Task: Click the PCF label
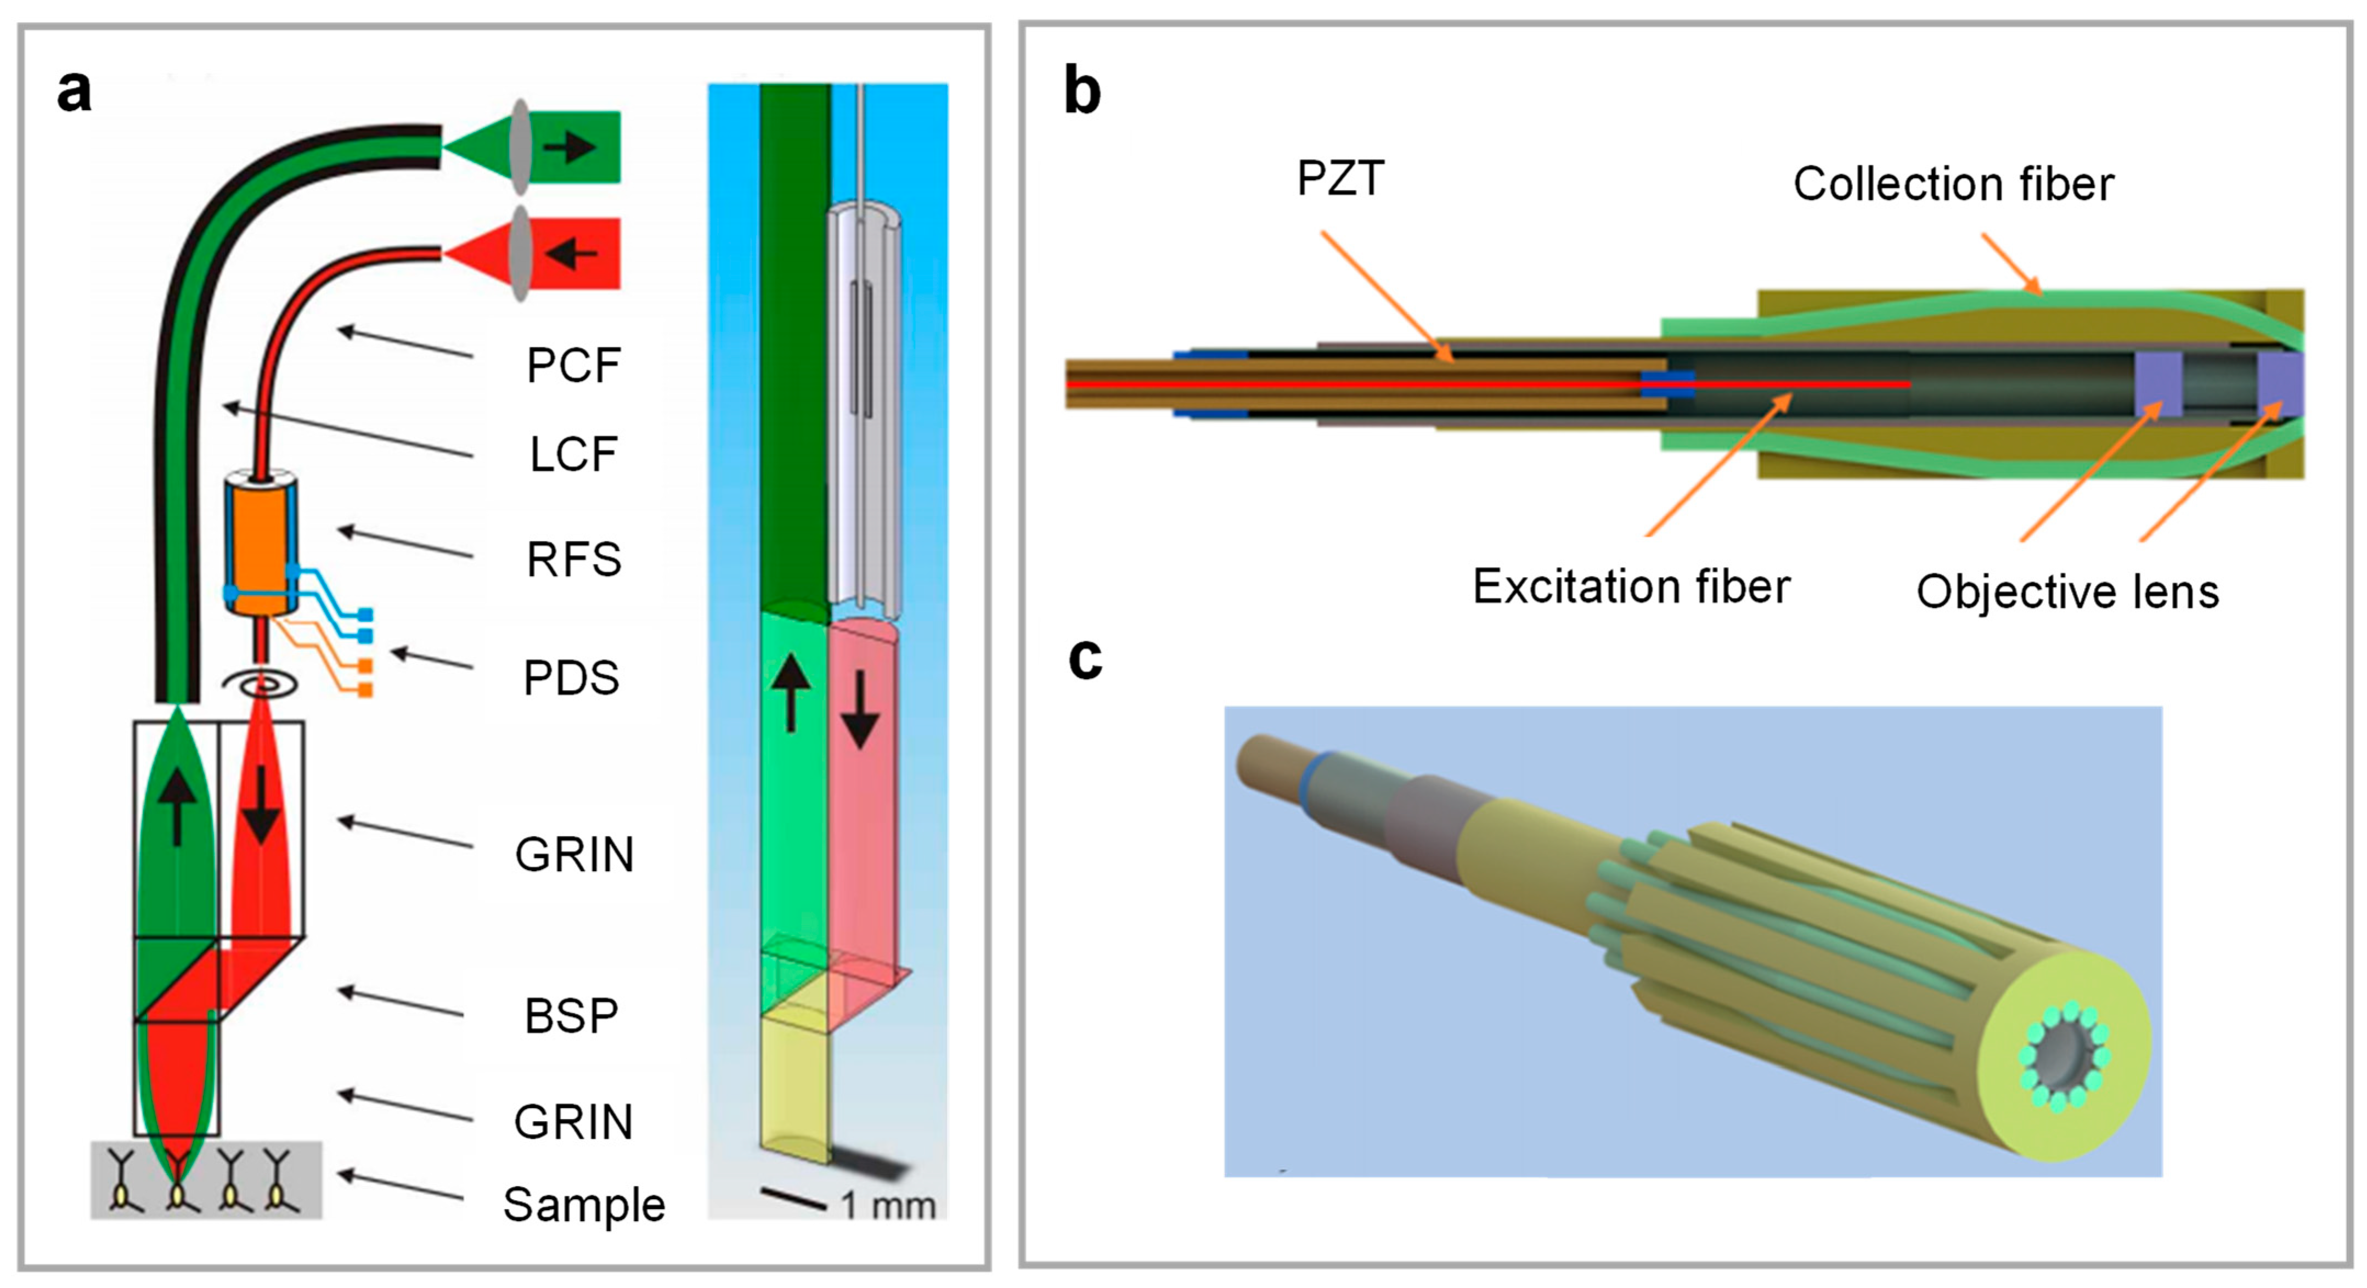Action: pyautogui.click(x=573, y=366)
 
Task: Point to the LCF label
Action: pyautogui.click(x=573, y=454)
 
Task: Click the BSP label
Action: pyautogui.click(x=571, y=1016)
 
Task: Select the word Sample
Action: pyautogui.click(x=583, y=1205)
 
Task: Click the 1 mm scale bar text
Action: pyautogui.click(x=888, y=1205)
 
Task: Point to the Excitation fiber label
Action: pyautogui.click(x=1631, y=586)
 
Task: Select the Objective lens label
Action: pyautogui.click(x=2067, y=592)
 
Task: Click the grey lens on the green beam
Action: pyautogui.click(x=521, y=147)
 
